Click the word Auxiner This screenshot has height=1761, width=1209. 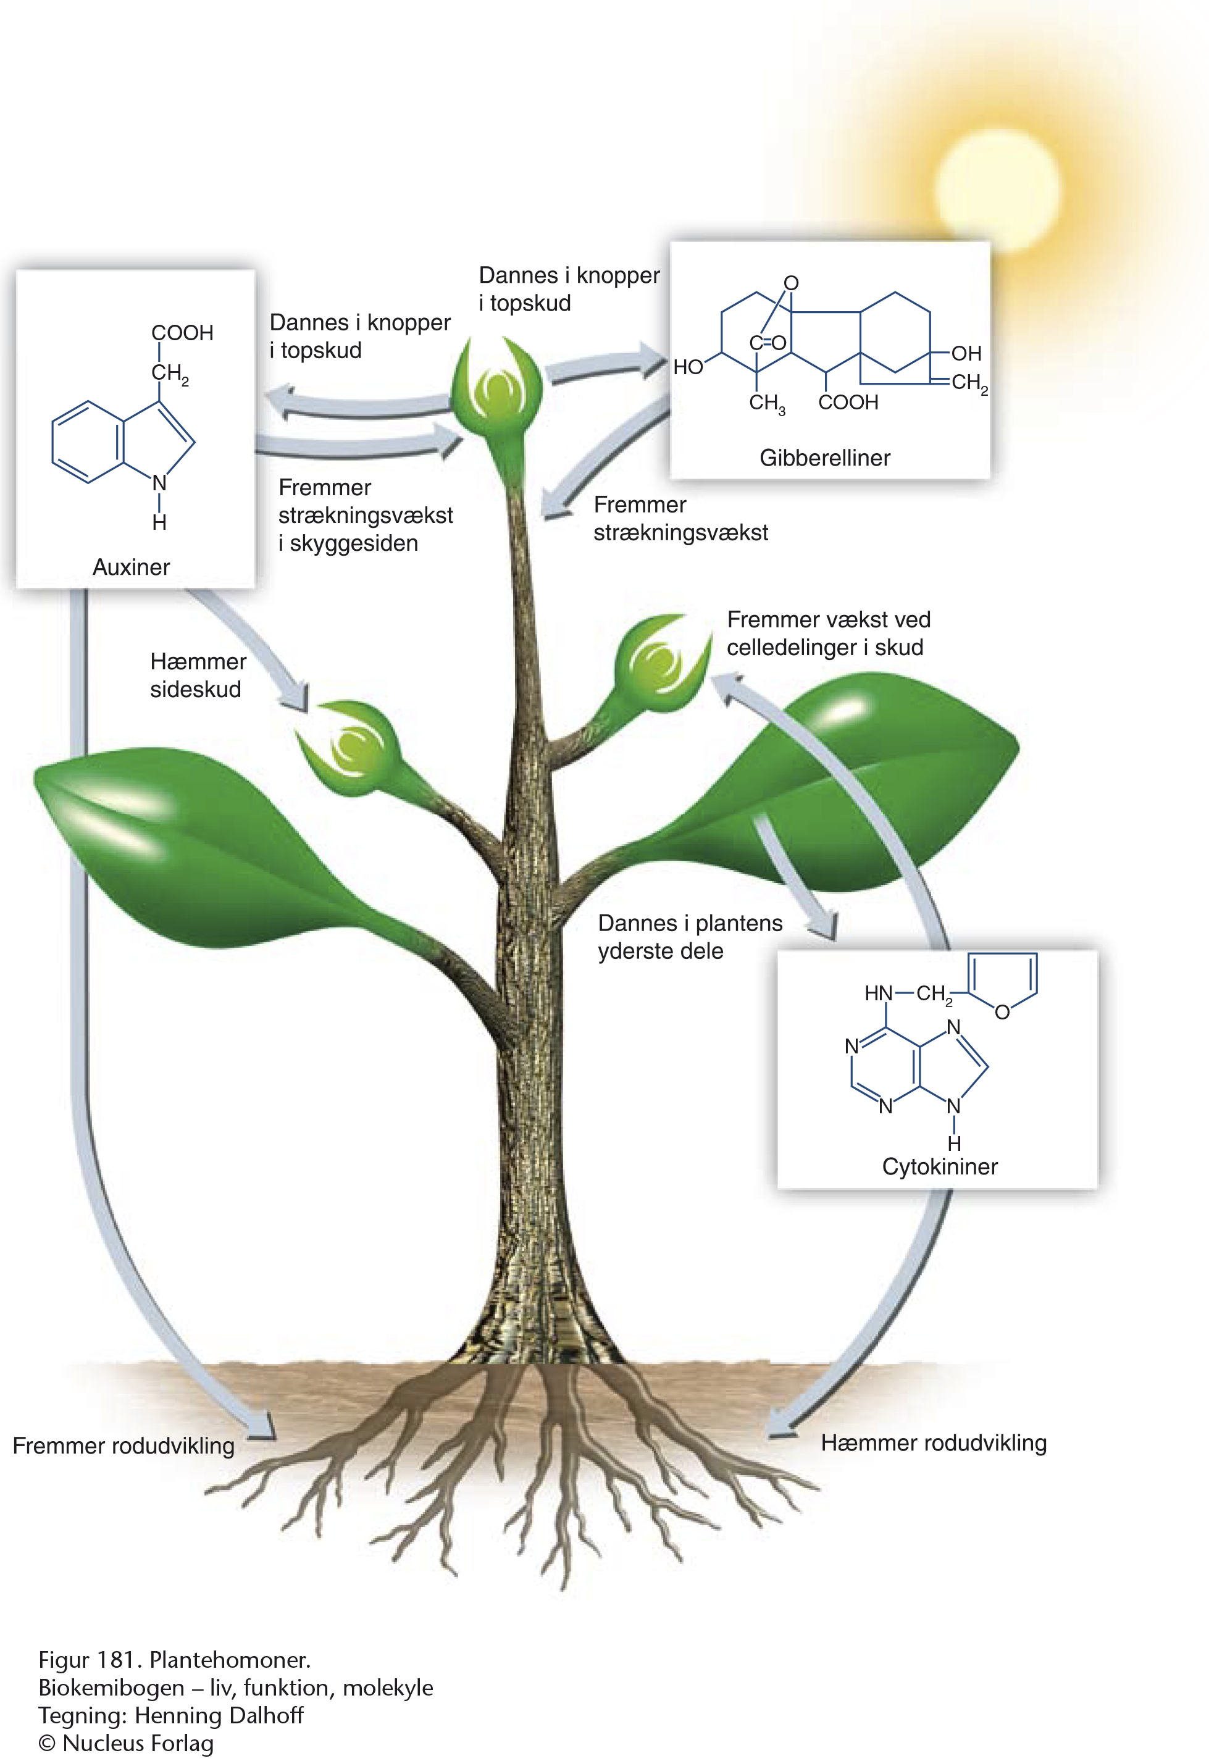click(131, 567)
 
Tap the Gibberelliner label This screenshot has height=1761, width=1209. click(824, 458)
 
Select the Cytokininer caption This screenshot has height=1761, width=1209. click(939, 1166)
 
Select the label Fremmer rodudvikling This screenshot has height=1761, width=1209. click(123, 1445)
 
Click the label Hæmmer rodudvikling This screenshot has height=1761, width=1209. click(933, 1443)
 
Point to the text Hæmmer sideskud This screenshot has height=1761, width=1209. click(197, 675)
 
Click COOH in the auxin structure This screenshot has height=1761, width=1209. click(183, 333)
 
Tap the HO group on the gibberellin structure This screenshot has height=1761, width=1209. click(688, 367)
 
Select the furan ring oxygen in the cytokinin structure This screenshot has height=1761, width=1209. click(1002, 1013)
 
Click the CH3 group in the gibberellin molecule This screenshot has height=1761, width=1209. click(766, 403)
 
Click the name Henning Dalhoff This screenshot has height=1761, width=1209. click(219, 1715)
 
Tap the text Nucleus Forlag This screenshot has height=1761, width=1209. click(138, 1743)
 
